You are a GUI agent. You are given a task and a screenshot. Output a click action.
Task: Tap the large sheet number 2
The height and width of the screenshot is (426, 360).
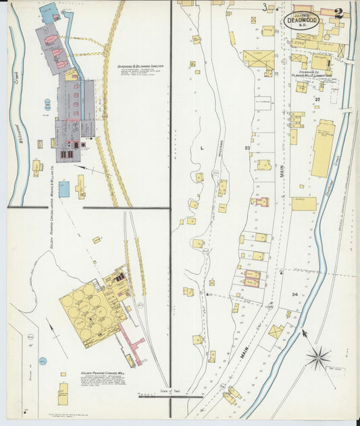(338, 13)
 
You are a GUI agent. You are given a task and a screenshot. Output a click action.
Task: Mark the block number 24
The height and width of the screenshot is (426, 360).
(295, 294)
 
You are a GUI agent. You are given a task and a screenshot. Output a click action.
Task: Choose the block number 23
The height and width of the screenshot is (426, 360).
(247, 147)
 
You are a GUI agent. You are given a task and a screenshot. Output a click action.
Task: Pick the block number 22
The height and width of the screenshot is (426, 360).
(317, 99)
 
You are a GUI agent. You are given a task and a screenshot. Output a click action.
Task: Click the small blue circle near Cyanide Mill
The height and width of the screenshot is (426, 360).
(43, 362)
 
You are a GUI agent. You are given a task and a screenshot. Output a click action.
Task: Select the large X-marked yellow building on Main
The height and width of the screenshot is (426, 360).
(258, 59)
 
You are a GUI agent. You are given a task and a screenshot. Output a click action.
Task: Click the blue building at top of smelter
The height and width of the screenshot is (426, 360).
(48, 11)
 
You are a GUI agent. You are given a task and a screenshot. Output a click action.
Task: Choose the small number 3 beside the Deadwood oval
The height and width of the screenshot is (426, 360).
(265, 7)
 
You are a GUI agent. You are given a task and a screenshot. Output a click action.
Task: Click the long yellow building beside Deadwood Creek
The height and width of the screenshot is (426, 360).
(322, 149)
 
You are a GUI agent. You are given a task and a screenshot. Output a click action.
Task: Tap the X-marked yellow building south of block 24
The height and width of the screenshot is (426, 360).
(276, 331)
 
